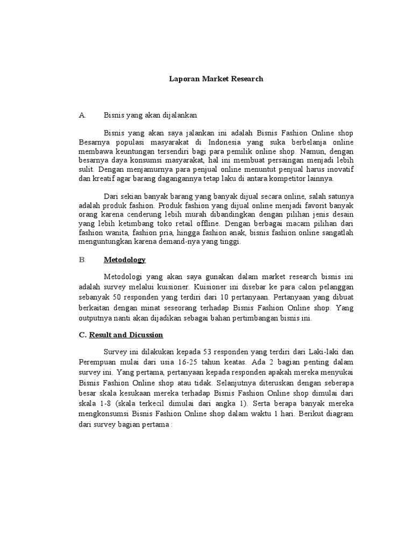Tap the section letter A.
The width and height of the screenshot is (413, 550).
tap(82, 114)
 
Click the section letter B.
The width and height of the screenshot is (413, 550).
tap(82, 260)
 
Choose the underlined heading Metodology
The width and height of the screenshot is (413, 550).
tap(125, 260)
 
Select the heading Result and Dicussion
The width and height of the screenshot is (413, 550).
tap(126, 335)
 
